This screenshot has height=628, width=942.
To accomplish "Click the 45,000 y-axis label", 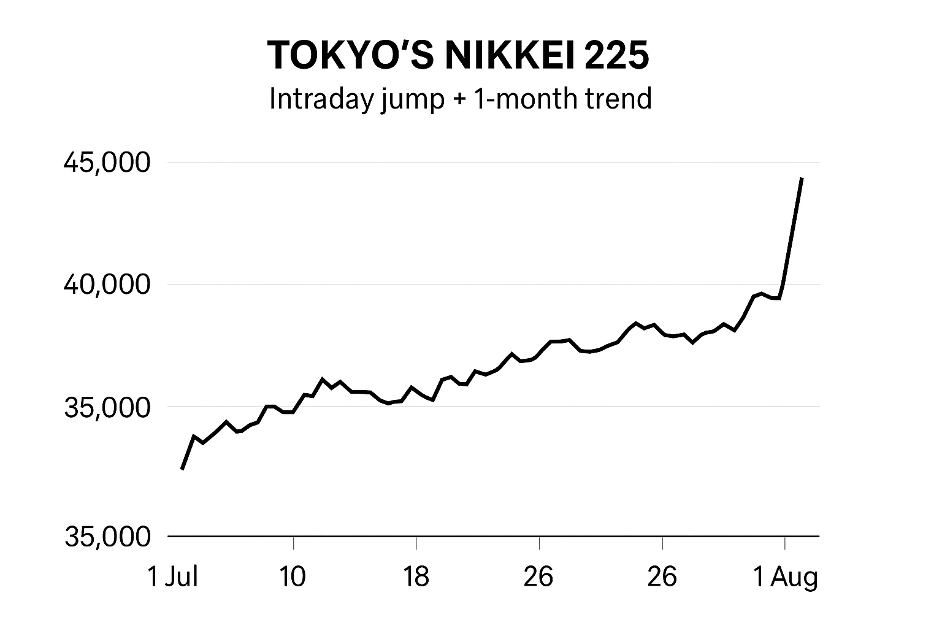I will point(107,163).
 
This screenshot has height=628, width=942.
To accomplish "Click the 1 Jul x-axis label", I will point(173,577).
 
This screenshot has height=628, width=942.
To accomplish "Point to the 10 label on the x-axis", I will point(293,577).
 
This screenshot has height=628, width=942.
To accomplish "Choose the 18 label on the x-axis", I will point(416,577).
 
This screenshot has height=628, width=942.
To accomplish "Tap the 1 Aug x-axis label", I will point(786,577).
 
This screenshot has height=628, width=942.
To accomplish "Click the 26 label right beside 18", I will point(538,577).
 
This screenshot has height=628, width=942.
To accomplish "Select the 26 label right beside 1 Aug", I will point(662,577).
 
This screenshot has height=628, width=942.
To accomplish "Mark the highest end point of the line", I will point(802,178).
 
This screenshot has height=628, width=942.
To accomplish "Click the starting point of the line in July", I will point(182,469).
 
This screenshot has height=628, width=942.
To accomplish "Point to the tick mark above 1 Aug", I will point(785,542).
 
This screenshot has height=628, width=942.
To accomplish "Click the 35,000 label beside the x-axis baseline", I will point(107,537).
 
